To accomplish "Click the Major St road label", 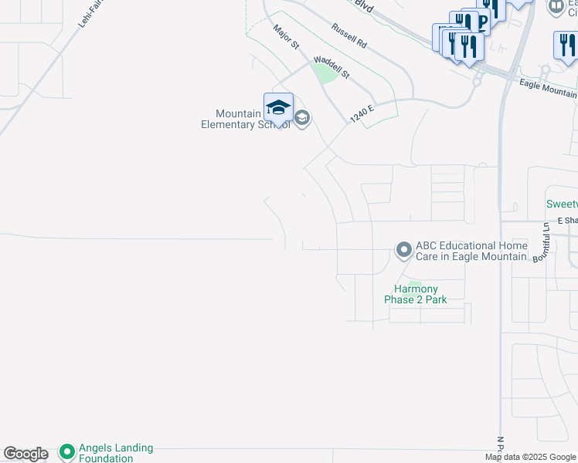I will point(285,37).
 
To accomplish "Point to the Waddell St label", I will point(331,69).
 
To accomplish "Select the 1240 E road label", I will point(361,114).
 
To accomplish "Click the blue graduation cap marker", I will point(278,106).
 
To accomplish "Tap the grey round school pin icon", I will point(301,118).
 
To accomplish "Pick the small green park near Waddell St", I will point(325,73).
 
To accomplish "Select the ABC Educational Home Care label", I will point(471,251).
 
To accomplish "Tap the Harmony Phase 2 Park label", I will point(416,295).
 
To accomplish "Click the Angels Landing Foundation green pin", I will point(66,451).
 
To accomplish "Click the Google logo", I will point(25,454).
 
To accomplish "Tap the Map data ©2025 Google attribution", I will point(529,457).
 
